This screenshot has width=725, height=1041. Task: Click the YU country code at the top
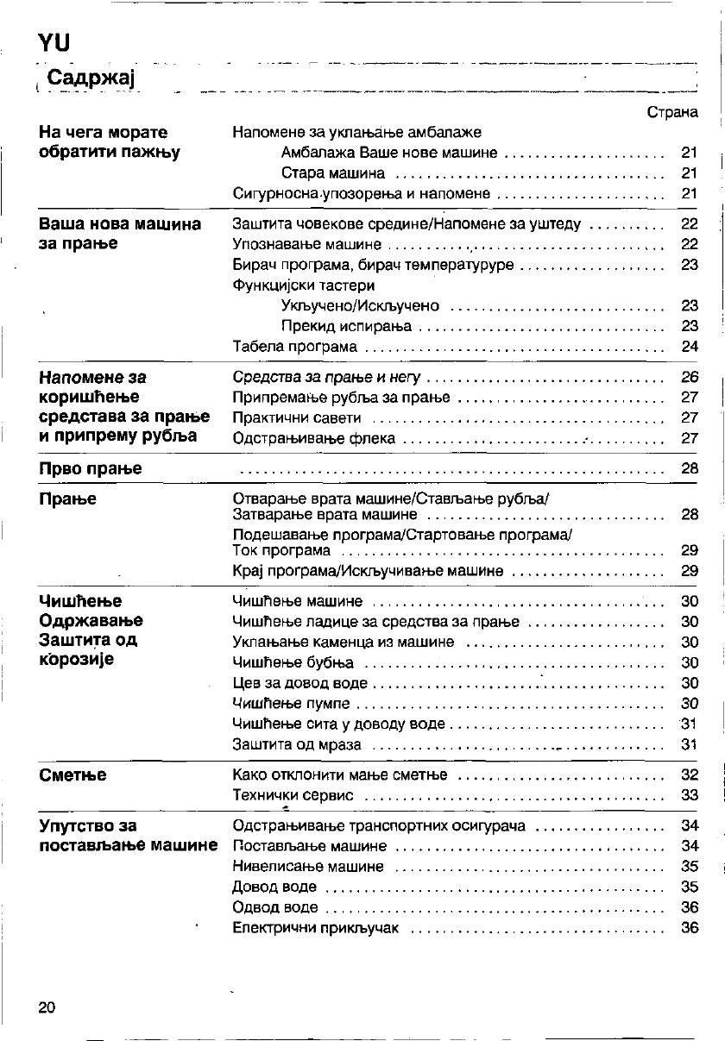tap(54, 42)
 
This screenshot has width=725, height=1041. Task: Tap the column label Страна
tap(671, 112)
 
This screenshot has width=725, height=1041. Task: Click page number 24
tap(689, 347)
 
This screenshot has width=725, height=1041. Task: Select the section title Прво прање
tap(91, 469)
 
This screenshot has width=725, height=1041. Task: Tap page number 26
tap(689, 377)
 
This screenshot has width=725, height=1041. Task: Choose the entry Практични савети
tap(297, 418)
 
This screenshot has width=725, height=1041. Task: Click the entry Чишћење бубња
tap(293, 663)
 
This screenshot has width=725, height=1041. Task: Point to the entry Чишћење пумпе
tap(292, 704)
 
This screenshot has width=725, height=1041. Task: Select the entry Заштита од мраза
tap(297, 744)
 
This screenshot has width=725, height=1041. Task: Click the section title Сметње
tap(72, 775)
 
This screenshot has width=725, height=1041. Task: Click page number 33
tap(689, 795)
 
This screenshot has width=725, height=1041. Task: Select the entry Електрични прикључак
tap(316, 928)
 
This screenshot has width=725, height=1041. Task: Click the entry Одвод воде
tap(275, 907)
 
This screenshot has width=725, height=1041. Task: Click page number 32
tap(689, 775)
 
